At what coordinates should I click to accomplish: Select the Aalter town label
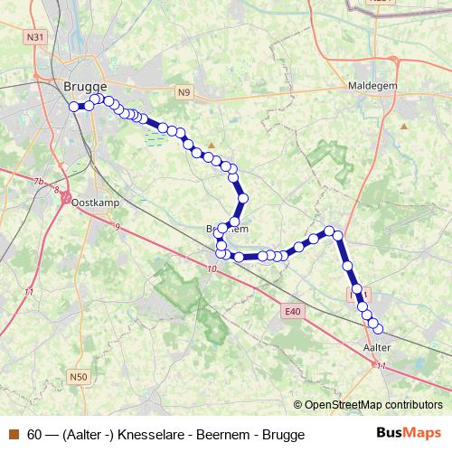coord(376,347)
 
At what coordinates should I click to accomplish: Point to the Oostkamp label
coord(90,202)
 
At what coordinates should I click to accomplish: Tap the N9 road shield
coord(184,91)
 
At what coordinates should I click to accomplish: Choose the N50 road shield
coord(79,376)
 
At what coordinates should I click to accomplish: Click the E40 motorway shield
coord(290,312)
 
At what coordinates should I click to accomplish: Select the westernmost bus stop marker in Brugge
coord(74,107)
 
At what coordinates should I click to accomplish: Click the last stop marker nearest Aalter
coord(379,328)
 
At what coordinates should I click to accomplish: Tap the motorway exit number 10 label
coord(212,268)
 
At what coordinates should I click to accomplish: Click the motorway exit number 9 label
coord(117,226)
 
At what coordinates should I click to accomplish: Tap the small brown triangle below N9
coord(212,145)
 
